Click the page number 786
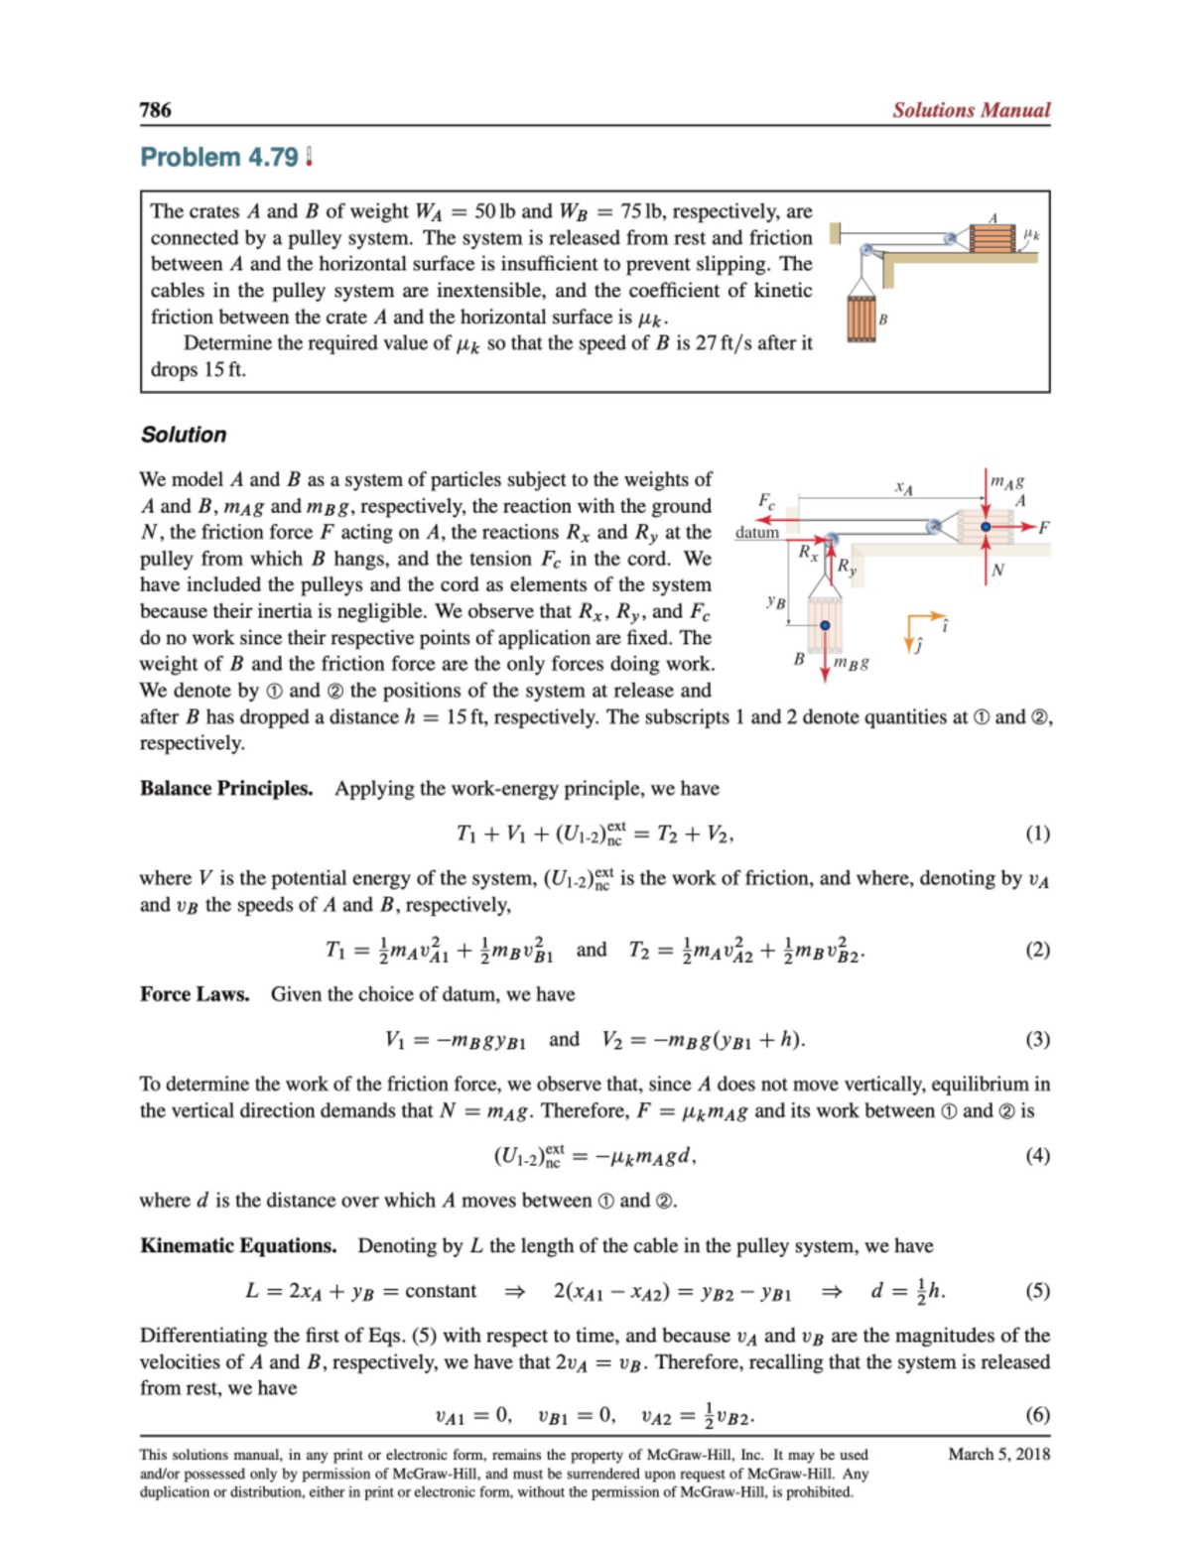(x=156, y=110)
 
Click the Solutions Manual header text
(x=970, y=110)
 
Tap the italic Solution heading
(x=184, y=435)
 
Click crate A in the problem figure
(x=992, y=238)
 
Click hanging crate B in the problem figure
(x=860, y=319)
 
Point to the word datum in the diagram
(x=756, y=533)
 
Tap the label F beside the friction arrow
(x=1043, y=528)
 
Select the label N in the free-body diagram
(x=997, y=570)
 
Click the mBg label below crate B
(x=852, y=662)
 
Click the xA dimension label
(x=903, y=487)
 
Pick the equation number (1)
(x=1037, y=834)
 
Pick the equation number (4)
(x=1037, y=1156)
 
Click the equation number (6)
(x=1037, y=1415)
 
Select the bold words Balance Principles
(x=226, y=789)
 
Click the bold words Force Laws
(x=195, y=994)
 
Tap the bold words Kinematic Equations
(x=238, y=1246)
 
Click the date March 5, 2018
(x=998, y=1455)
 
